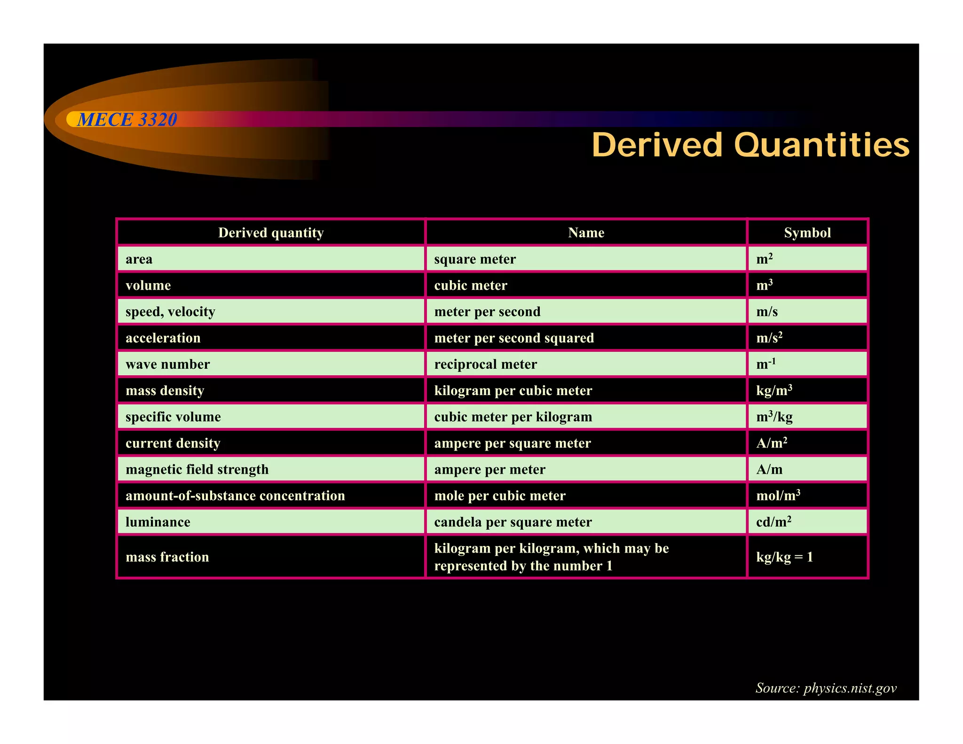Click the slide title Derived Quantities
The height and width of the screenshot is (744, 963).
coord(750,145)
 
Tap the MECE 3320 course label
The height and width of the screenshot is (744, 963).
coord(127,120)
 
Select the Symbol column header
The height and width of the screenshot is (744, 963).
coord(807,233)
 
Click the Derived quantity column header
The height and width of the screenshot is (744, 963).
coord(271,233)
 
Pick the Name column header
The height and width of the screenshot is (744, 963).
coord(586,233)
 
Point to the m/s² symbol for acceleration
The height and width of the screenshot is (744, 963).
coord(769,338)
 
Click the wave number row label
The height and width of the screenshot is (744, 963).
coord(167,364)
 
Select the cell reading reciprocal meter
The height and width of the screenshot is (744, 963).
coord(485,364)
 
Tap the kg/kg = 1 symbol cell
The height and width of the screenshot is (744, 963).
coord(784,557)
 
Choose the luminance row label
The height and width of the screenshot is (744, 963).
coord(158,522)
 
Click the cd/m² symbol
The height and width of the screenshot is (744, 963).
coord(774,522)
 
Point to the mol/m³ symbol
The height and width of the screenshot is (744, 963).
coord(778,496)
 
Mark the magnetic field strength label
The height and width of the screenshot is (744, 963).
coord(197,469)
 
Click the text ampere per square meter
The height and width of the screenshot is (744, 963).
coord(512,443)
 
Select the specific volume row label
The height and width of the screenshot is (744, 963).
coord(173,417)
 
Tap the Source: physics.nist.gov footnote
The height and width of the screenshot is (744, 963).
coord(826,688)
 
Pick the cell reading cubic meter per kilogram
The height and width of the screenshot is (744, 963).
coord(513,417)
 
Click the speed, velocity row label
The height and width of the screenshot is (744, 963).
coord(170,312)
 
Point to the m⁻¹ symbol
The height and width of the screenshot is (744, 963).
coord(766,364)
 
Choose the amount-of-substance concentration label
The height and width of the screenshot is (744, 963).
coord(235,496)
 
